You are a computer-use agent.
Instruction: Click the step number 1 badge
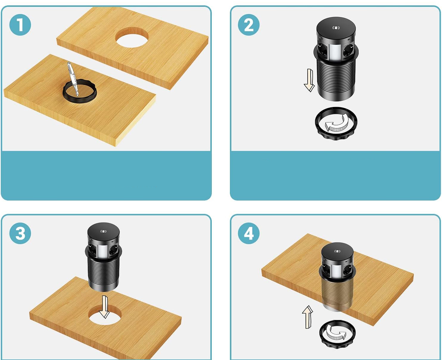(x=20, y=25)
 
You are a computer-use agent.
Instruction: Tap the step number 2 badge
(x=249, y=25)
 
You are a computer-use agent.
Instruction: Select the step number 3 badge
(x=20, y=233)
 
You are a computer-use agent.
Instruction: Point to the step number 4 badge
(x=249, y=233)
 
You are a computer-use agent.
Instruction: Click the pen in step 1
(x=73, y=79)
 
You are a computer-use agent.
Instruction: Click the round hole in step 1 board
(x=132, y=37)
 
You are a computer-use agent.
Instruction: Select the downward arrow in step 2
(x=309, y=80)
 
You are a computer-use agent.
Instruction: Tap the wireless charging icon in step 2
(x=336, y=28)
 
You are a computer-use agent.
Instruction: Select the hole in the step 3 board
(x=104, y=315)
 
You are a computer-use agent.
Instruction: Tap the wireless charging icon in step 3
(x=103, y=231)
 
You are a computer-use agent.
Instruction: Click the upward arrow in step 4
(x=308, y=317)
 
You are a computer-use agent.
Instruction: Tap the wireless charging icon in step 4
(x=337, y=252)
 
